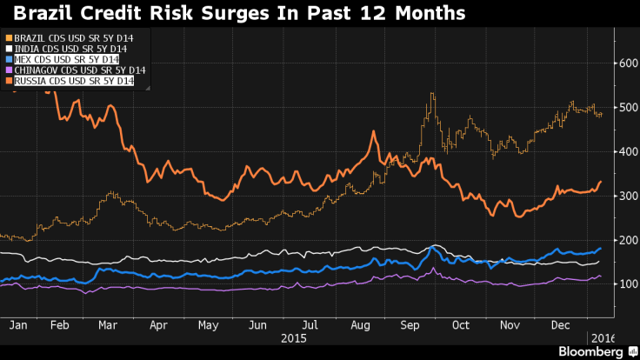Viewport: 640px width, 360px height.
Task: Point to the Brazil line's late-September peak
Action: [430, 94]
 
